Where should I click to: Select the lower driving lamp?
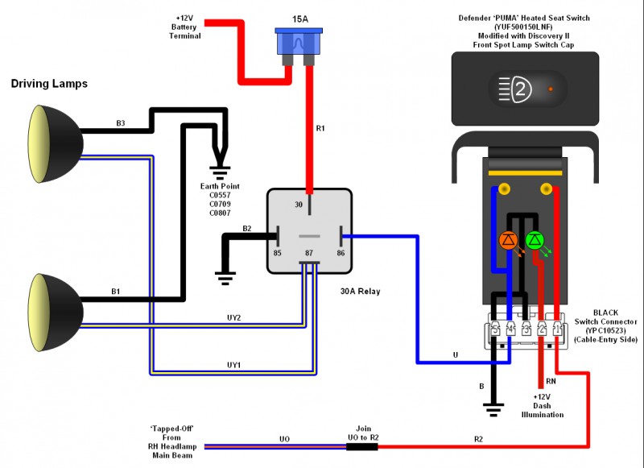pos(55,301)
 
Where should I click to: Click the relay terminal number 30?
pos(299,205)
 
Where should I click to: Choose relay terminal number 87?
pos(308,253)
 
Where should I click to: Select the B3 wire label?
pos(120,123)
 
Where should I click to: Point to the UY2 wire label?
pos(234,317)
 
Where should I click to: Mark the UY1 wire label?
pos(234,365)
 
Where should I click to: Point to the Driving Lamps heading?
pos(49,84)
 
